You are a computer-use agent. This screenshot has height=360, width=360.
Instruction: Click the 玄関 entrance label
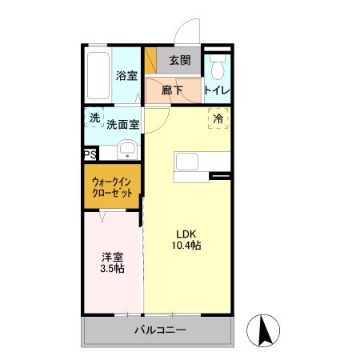tap(180, 60)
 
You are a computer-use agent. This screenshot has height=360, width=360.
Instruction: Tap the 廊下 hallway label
tap(174, 90)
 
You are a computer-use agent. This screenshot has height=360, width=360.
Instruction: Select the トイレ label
tap(218, 90)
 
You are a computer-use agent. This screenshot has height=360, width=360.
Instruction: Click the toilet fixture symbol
tap(218, 64)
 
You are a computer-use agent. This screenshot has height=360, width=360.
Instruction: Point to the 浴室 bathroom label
tap(126, 76)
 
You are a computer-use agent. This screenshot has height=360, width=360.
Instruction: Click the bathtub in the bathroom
tap(98, 77)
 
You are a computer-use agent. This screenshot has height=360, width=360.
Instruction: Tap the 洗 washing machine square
tap(95, 118)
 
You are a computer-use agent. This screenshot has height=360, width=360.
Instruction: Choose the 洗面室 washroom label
tap(123, 124)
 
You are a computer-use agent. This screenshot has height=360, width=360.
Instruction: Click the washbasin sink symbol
tap(126, 150)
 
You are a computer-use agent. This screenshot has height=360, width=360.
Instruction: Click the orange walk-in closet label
tap(112, 187)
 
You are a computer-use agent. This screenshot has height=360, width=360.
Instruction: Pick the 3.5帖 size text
tap(112, 269)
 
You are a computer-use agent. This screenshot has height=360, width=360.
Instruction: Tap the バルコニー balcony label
tap(160, 330)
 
